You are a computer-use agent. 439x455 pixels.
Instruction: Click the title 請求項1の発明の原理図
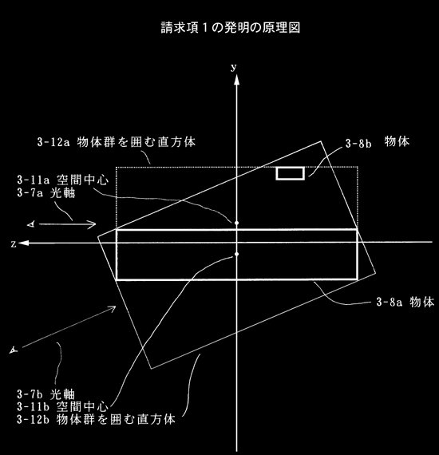coord(231,28)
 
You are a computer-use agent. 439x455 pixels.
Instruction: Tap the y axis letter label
coord(234,68)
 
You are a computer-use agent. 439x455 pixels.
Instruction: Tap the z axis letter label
coord(14,244)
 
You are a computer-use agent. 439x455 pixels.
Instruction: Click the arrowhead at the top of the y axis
coord(237,80)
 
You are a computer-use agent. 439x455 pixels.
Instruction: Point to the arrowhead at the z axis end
coord(23,243)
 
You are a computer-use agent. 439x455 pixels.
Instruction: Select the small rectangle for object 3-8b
coord(291,173)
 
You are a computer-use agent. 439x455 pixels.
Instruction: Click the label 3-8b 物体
coord(378,142)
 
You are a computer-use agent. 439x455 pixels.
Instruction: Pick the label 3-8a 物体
coord(405,303)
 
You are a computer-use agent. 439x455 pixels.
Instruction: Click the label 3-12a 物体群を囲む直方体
coord(117,142)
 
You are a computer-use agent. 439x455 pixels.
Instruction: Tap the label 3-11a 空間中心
coord(63,180)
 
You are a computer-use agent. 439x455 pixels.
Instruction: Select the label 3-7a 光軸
coord(45,193)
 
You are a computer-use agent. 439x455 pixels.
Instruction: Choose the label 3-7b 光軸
coord(45,394)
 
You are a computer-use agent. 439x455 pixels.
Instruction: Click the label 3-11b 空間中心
coord(63,407)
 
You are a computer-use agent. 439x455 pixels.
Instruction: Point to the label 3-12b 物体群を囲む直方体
coord(96,420)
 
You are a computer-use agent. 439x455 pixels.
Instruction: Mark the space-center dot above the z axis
coord(236,223)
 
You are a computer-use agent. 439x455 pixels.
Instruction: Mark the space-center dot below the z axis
coord(236,254)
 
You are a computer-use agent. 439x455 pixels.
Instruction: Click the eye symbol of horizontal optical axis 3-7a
coord(31,224)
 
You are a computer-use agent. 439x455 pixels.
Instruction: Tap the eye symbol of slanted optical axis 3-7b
coord(14,350)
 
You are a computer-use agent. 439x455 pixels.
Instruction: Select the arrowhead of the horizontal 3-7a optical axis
coord(93,224)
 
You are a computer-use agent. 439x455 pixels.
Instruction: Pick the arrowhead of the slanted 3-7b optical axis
coord(112,309)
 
